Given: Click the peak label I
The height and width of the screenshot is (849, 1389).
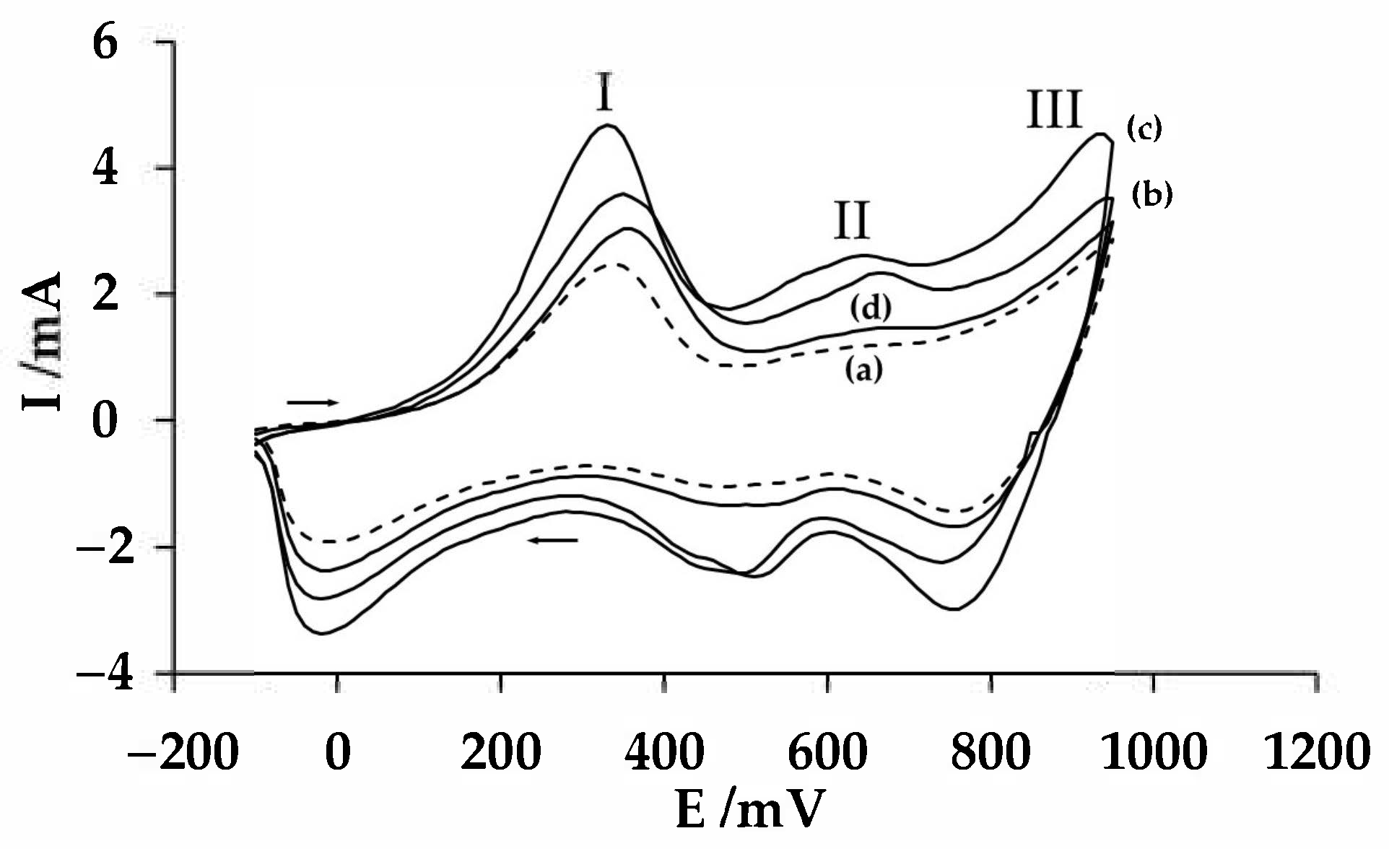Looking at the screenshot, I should (605, 93).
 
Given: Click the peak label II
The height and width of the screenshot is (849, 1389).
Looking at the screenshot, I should (852, 220).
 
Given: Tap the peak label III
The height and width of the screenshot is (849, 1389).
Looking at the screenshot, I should (1054, 110).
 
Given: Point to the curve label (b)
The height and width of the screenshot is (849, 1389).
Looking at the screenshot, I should (1151, 195).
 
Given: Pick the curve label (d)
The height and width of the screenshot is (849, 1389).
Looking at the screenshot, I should (870, 308).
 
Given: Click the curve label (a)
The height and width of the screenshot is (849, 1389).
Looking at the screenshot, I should (863, 370).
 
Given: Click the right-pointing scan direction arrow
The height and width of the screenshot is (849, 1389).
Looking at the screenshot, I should (312, 401).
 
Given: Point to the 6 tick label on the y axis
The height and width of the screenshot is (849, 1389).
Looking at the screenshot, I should (105, 43).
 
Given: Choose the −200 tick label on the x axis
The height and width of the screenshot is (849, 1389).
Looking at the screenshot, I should (183, 752).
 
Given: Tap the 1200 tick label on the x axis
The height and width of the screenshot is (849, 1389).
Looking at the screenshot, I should (1317, 752).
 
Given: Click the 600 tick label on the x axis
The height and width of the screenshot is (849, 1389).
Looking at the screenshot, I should (827, 752).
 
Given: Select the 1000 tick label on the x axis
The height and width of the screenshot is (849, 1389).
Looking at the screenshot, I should (1154, 752).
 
